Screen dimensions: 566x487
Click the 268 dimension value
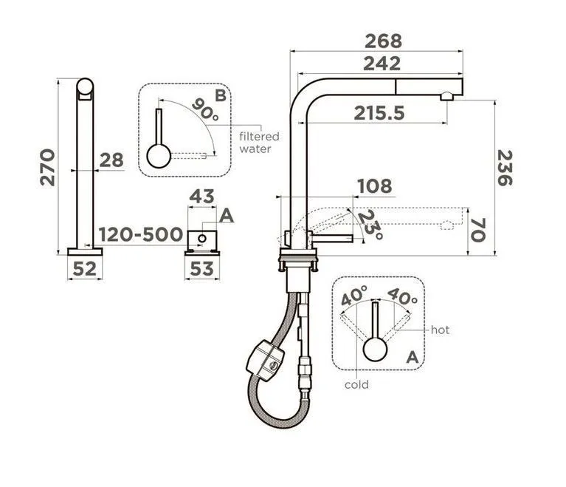[383, 41]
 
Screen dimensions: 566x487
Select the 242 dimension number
[382, 64]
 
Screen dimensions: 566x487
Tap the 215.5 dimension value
[379, 114]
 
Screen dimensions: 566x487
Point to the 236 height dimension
[505, 168]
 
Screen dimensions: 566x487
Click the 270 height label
[47, 168]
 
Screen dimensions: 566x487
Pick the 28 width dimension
[111, 160]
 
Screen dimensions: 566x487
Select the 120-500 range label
[141, 235]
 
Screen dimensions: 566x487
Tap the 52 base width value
[85, 269]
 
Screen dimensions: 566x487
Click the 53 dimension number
[201, 269]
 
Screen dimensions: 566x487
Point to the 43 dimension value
[201, 197]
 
